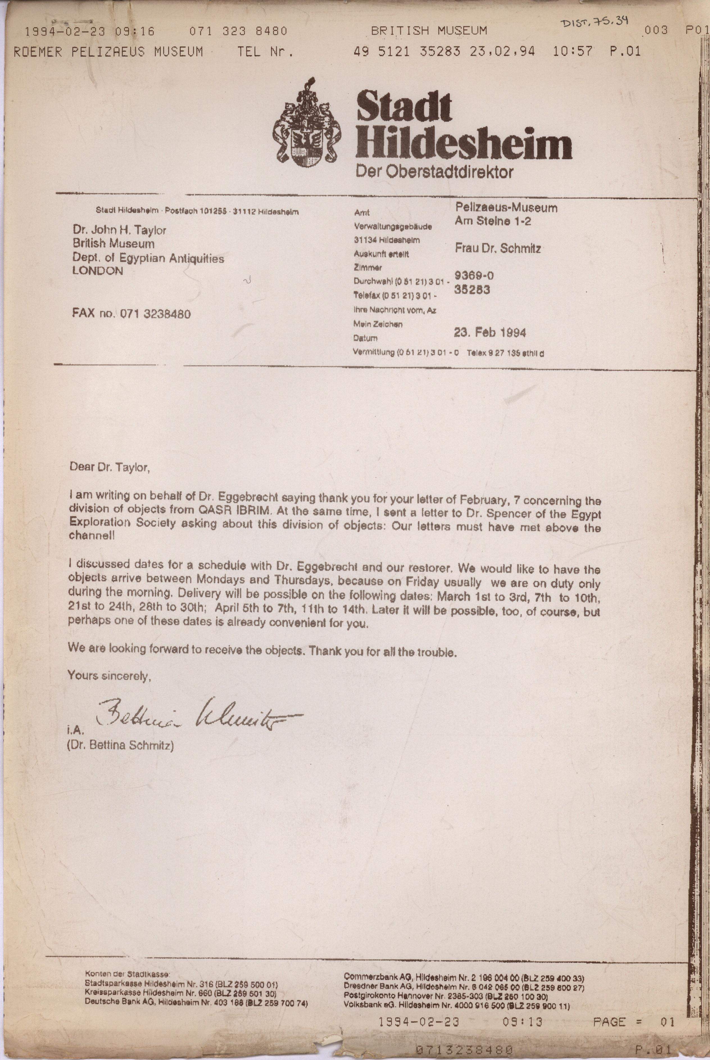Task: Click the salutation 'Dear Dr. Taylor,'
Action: click(x=109, y=467)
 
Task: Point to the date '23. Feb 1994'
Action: click(x=489, y=333)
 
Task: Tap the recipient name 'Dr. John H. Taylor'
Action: click(x=119, y=230)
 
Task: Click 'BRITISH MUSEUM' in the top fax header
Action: click(x=429, y=31)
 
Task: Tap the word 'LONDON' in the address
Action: click(x=97, y=271)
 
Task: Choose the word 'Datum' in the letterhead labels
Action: click(x=365, y=338)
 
